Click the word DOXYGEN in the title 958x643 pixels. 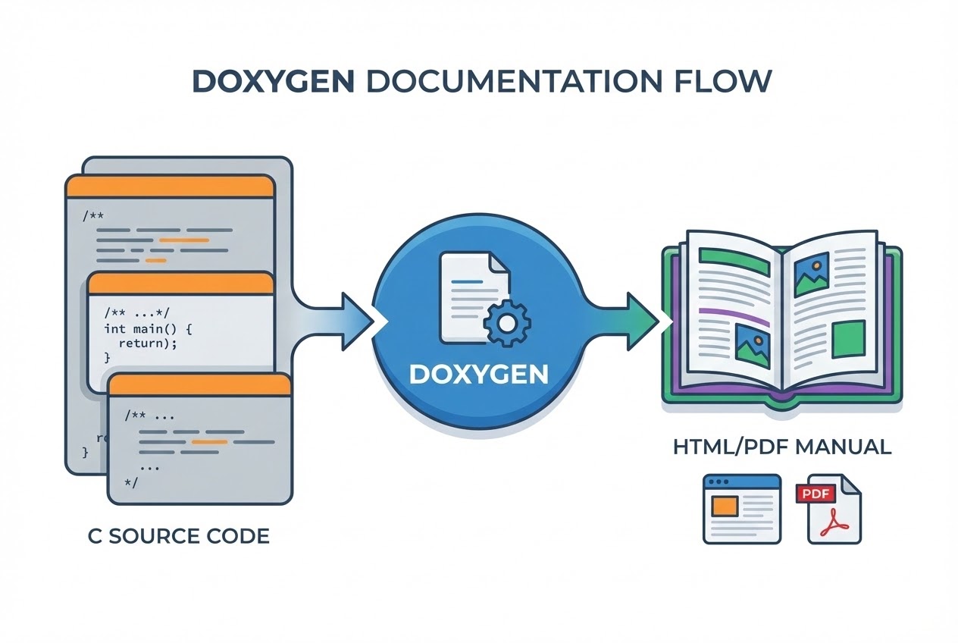pyautogui.click(x=272, y=81)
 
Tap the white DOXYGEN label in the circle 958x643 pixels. pyautogui.click(x=478, y=374)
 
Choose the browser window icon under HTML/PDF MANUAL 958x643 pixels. pyautogui.click(x=741, y=508)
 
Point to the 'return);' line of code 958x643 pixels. pyautogui.click(x=149, y=343)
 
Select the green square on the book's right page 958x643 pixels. pyautogui.click(x=848, y=339)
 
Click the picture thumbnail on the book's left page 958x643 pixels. pyautogui.click(x=753, y=343)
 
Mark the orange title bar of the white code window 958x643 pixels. pyautogui.click(x=180, y=284)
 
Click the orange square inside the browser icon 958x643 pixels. pyautogui.click(x=726, y=505)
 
